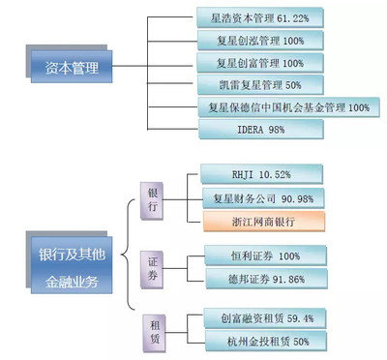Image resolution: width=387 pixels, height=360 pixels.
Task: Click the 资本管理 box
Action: pyautogui.click(x=66, y=69)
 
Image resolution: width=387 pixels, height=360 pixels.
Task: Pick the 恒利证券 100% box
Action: pyautogui.click(x=259, y=256)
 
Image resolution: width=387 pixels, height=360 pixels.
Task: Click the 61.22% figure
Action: pyautogui.click(x=303, y=17)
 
